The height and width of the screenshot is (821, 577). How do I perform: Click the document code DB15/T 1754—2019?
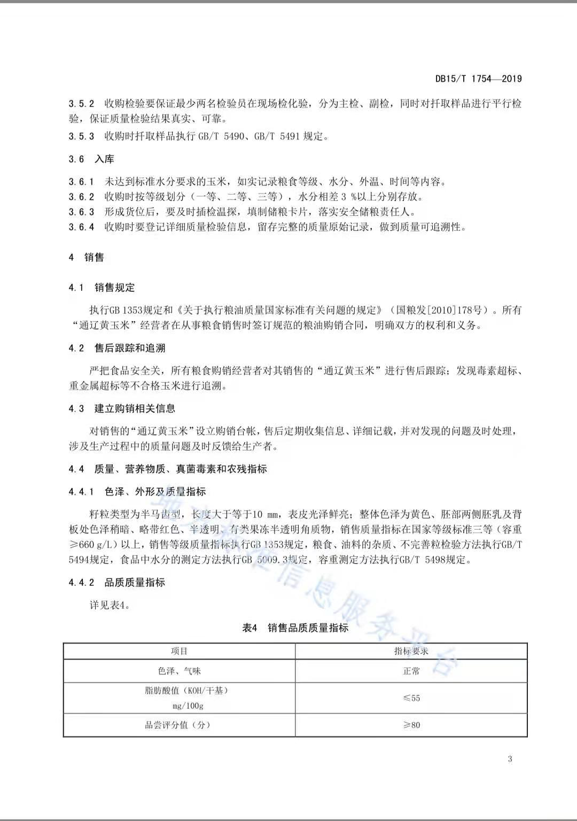click(x=478, y=79)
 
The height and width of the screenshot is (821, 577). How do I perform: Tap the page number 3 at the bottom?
click(x=510, y=758)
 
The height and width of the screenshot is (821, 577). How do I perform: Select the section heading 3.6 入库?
click(x=91, y=159)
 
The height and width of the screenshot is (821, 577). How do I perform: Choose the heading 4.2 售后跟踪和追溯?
click(x=117, y=348)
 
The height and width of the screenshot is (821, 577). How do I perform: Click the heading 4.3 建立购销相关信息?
click(x=122, y=408)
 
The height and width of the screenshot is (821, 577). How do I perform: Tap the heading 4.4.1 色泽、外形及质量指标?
click(x=137, y=492)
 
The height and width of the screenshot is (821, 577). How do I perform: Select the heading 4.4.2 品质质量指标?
click(x=117, y=583)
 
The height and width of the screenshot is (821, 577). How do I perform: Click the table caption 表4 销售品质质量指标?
click(x=295, y=628)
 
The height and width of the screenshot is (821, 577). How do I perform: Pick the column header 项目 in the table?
click(x=179, y=651)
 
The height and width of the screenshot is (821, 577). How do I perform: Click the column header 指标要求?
click(x=411, y=651)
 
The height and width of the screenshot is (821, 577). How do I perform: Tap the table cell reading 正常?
click(x=411, y=671)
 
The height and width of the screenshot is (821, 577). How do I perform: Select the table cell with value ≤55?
click(x=411, y=698)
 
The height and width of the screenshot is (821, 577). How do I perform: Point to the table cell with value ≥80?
click(x=411, y=725)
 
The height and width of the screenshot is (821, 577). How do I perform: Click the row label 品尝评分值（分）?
click(x=178, y=725)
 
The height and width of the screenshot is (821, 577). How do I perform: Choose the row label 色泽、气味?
click(x=179, y=671)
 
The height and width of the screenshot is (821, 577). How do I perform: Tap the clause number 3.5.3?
click(x=81, y=136)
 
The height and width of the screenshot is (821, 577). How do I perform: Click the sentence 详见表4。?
click(x=110, y=605)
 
